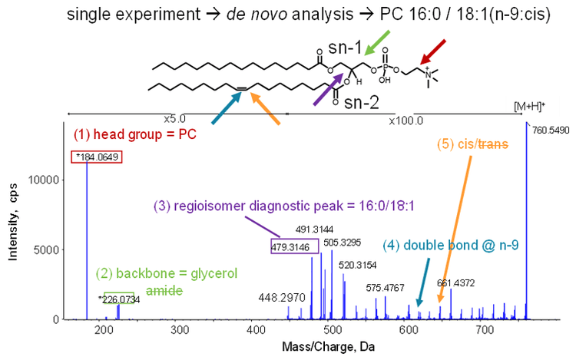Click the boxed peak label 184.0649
(99, 157)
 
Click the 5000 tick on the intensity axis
(53, 249)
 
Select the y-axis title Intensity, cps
(13, 223)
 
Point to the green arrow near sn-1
(377, 42)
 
